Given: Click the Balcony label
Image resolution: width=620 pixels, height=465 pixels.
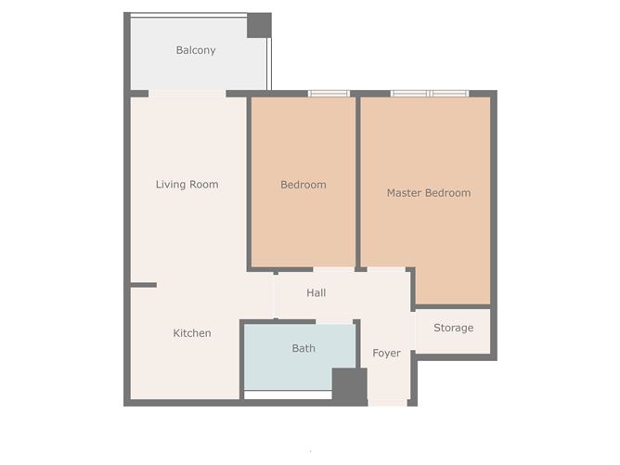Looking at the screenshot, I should pos(196,50).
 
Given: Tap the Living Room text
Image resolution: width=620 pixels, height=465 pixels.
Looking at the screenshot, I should pos(187,185).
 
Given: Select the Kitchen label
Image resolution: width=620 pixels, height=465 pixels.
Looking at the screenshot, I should pos(192,333).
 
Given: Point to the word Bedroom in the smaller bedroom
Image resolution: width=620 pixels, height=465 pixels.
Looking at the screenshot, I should pos(304,185).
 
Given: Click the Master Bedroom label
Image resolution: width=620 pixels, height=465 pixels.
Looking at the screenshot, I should pos(428,193).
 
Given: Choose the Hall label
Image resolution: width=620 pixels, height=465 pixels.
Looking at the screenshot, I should pos(316,293).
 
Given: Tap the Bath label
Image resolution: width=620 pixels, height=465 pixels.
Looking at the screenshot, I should pos(304,349).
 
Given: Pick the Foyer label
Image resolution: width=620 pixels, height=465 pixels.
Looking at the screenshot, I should pos(387,354).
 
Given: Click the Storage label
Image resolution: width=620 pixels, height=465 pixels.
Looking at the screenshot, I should pos(454,328).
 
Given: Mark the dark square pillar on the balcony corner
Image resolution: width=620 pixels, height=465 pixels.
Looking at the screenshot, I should pos(259,25).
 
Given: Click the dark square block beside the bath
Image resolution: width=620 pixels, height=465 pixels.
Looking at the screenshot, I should pos(350,386).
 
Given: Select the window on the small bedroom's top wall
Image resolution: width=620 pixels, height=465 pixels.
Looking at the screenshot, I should pos(329,93).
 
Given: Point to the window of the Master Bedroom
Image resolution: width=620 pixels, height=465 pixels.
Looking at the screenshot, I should pos(429,93).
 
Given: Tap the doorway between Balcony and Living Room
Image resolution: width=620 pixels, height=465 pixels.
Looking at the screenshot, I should pos(187,93).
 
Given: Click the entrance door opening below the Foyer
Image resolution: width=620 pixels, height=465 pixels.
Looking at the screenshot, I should pos(388,402).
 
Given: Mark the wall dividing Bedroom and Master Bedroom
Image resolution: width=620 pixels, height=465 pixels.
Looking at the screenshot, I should pos(358,181).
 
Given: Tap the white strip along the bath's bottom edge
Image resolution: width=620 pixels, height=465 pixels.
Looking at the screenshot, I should pos(288,394).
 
